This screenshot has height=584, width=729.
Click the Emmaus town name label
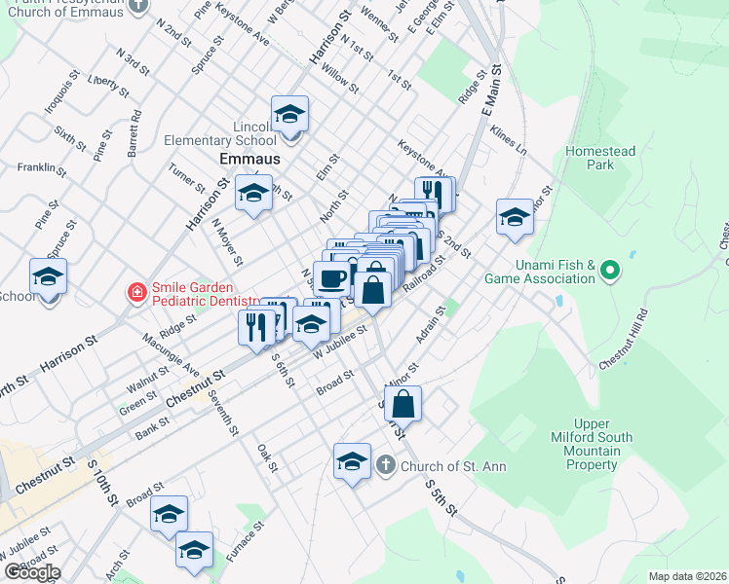(249, 158)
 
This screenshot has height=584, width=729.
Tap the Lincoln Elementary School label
(220, 133)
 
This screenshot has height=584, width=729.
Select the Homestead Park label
(600, 158)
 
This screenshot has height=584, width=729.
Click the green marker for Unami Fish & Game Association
(611, 269)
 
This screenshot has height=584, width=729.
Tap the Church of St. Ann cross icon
(386, 465)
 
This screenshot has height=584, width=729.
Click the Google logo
(31, 572)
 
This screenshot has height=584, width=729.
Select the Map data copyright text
(688, 576)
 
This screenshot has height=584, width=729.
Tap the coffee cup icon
(332, 278)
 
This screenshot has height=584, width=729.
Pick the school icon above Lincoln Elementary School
(289, 114)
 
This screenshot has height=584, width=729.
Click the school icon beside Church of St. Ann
(352, 462)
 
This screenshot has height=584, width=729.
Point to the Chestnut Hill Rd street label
(625, 340)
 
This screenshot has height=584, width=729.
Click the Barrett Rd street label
(134, 133)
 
